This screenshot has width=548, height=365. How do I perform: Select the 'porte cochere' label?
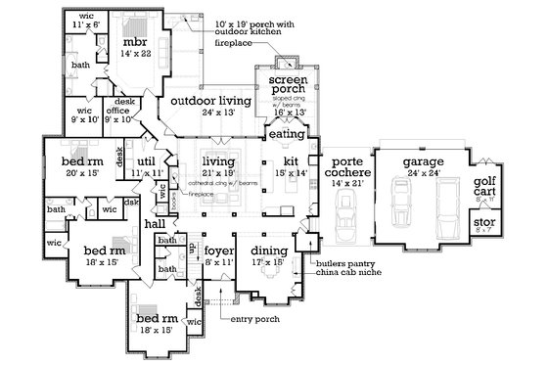[348, 167]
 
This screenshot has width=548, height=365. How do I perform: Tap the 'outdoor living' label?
[210, 102]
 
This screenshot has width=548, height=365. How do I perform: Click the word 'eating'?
[285, 133]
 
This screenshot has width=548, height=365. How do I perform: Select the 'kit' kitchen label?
[290, 160]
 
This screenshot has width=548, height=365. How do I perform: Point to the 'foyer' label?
[217, 251]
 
